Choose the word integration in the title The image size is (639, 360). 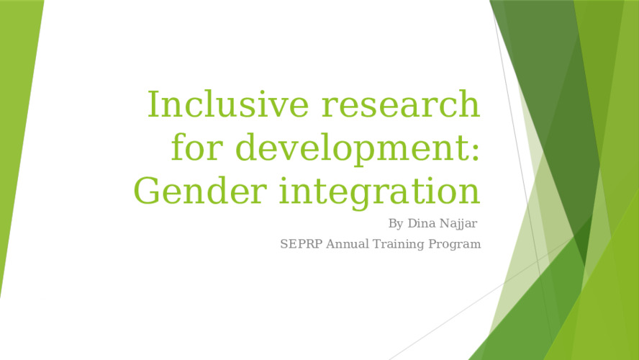click(379, 192)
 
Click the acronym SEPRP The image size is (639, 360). click(302, 244)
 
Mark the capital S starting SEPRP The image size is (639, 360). click(284, 244)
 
